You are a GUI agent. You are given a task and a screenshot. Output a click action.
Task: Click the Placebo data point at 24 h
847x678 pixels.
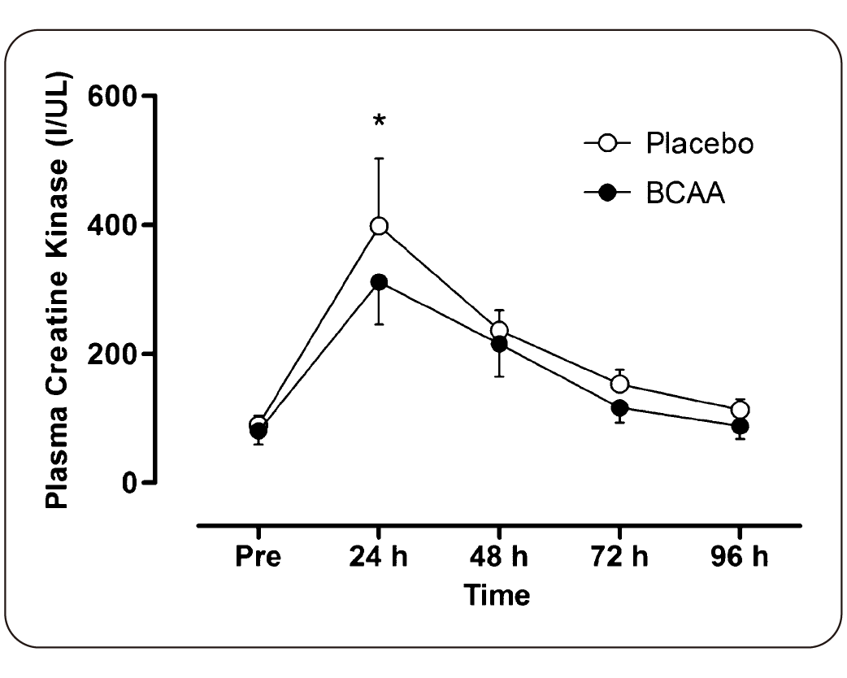click(379, 226)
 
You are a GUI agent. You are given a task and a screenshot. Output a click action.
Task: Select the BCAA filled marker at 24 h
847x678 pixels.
click(379, 282)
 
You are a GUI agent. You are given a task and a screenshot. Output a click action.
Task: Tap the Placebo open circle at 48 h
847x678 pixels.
click(499, 331)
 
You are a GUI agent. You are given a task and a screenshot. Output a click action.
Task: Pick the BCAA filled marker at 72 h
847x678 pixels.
click(619, 407)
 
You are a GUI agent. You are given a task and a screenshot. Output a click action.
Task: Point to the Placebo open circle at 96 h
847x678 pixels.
click(740, 410)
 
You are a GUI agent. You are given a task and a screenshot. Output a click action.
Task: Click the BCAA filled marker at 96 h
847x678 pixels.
click(740, 426)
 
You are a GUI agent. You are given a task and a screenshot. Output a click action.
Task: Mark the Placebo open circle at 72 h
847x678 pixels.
click(619, 384)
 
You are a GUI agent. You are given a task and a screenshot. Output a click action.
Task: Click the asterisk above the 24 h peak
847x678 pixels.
click(379, 123)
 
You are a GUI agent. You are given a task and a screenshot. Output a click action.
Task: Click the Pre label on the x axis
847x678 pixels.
click(258, 559)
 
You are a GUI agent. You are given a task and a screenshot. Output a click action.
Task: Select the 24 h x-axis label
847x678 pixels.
click(379, 559)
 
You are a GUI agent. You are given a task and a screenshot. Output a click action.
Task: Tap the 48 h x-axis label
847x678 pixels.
click(499, 559)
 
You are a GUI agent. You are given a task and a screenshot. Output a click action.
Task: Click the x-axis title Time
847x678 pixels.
click(497, 595)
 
